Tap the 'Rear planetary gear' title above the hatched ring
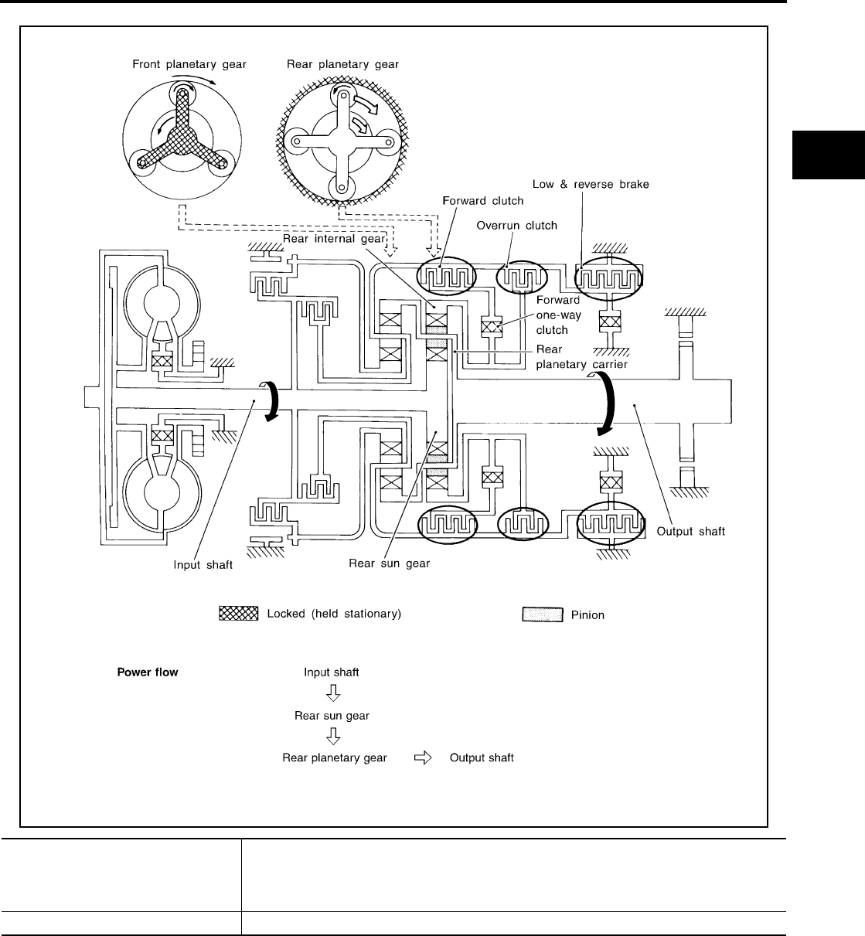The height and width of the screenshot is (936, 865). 342,64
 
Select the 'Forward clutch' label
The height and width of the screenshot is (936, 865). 482,201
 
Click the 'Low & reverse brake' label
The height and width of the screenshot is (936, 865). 591,184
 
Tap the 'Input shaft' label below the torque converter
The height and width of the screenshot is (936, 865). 203,565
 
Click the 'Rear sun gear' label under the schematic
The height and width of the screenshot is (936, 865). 389,563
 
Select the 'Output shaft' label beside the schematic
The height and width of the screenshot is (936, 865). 690,531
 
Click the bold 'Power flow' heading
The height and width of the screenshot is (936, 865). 147,672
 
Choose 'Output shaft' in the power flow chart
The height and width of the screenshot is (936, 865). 482,757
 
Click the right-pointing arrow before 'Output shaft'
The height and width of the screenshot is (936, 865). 422,757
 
